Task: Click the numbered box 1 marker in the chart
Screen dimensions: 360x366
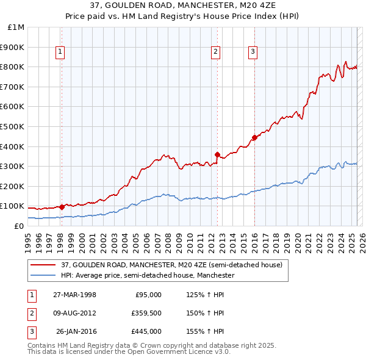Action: click(61, 52)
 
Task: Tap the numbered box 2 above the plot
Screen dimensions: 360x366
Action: click(216, 52)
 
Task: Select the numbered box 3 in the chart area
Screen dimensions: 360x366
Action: click(253, 52)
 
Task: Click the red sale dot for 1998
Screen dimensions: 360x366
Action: click(62, 207)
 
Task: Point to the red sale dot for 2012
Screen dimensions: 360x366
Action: click(217, 154)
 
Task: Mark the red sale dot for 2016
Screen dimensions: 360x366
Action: click(254, 137)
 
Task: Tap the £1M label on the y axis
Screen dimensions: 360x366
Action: click(16, 27)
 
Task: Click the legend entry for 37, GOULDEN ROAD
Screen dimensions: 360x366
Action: click(171, 265)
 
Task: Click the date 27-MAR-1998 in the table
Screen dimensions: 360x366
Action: click(74, 295)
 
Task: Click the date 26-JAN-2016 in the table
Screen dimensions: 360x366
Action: click(76, 331)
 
